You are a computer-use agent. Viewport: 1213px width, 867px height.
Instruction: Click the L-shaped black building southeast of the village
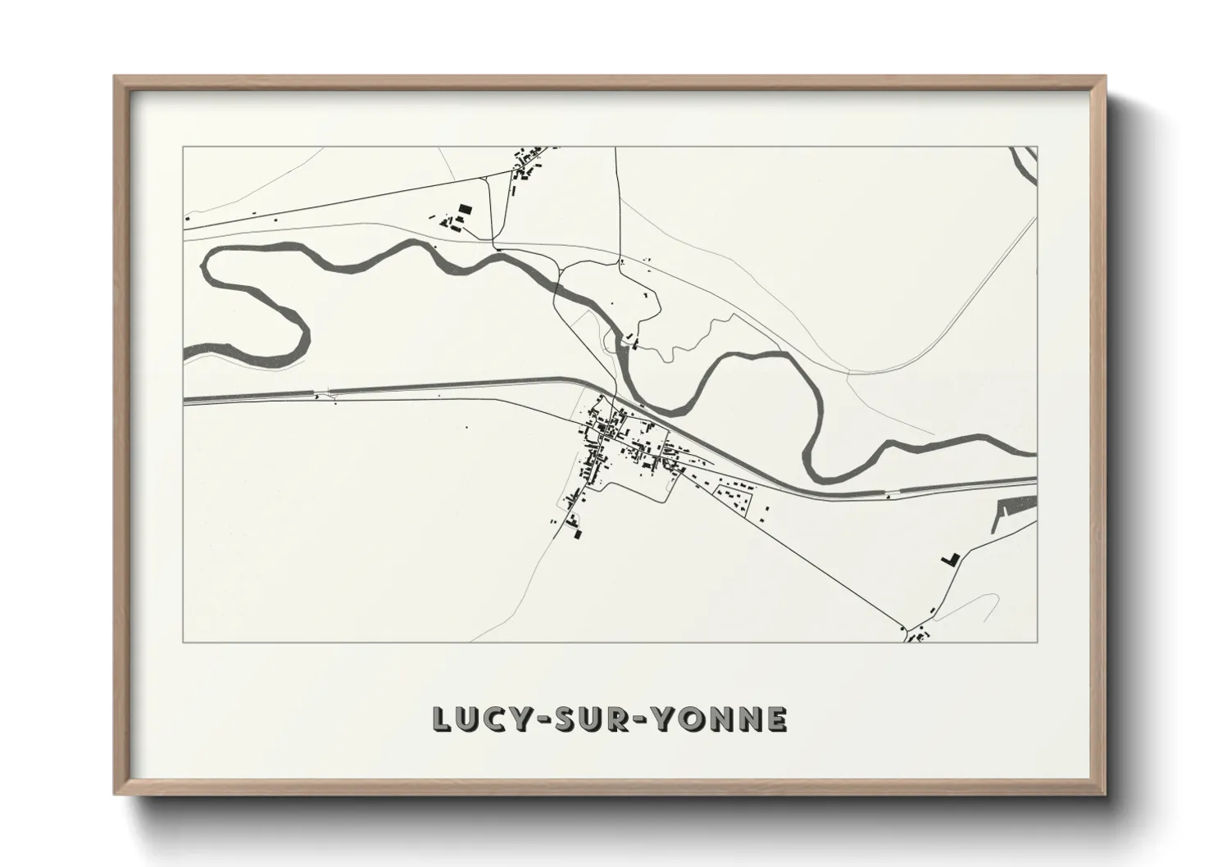(949, 559)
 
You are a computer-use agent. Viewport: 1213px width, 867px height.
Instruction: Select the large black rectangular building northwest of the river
(465, 210)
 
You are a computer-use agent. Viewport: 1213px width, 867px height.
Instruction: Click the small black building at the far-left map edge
(188, 219)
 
